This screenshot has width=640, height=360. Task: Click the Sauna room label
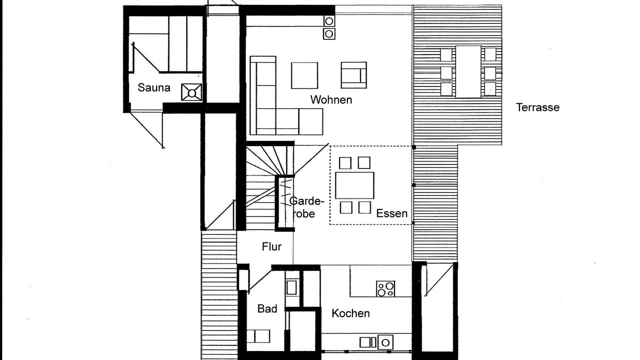(x=153, y=87)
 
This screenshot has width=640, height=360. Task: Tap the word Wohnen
(x=331, y=99)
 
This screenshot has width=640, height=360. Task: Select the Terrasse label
(x=537, y=107)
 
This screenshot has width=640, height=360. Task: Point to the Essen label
(x=391, y=213)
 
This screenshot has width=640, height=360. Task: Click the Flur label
(x=271, y=246)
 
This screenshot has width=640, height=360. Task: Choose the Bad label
(x=267, y=308)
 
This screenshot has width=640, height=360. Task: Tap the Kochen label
(x=350, y=313)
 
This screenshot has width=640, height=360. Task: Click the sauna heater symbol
(x=191, y=92)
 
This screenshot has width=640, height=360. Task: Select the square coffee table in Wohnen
(x=304, y=75)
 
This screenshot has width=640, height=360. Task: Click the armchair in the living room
(x=353, y=75)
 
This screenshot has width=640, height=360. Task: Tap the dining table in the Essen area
(x=354, y=185)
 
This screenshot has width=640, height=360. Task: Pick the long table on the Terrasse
(x=468, y=71)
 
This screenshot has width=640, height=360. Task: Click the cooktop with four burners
(x=385, y=288)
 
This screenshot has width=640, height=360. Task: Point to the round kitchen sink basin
(x=385, y=342)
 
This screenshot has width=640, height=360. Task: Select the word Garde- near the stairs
(x=307, y=201)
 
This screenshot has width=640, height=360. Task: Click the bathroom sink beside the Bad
(x=291, y=287)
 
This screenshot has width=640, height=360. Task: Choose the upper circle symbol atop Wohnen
(x=329, y=21)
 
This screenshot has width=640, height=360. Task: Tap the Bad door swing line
(x=259, y=280)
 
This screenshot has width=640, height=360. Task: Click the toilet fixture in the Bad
(x=258, y=336)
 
